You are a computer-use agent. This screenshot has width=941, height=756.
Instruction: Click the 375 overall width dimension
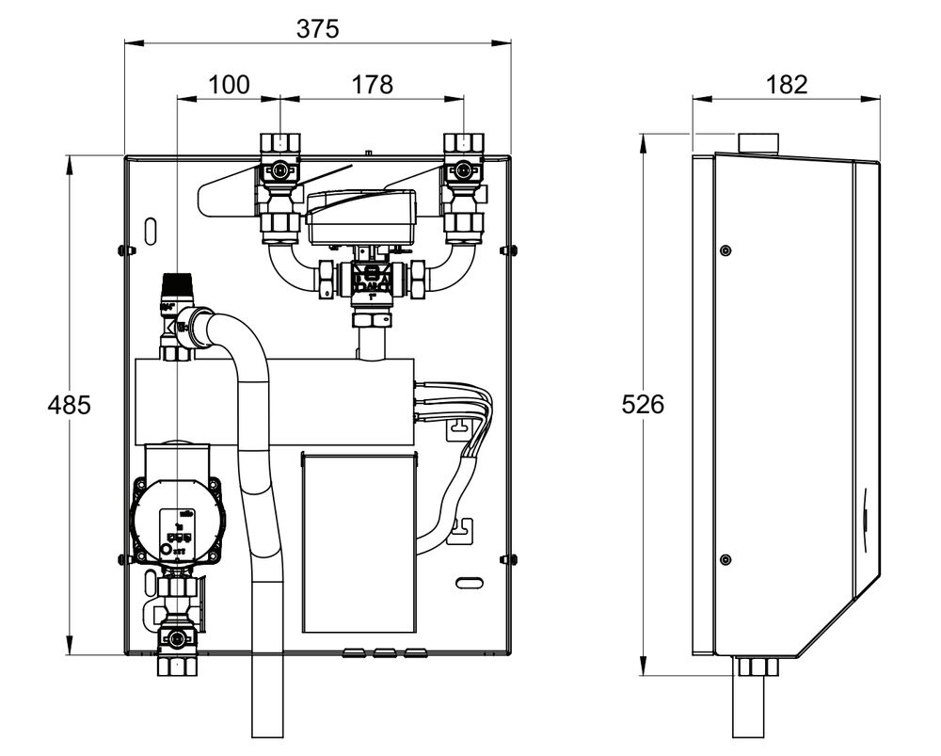(x=317, y=29)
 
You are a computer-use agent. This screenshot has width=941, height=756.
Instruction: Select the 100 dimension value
(x=229, y=85)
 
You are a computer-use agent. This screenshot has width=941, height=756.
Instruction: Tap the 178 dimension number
(x=373, y=85)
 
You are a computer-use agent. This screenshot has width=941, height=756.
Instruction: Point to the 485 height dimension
(x=70, y=405)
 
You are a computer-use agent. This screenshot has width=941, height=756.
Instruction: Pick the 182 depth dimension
(x=787, y=85)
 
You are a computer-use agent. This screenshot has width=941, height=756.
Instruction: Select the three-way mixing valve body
(x=368, y=278)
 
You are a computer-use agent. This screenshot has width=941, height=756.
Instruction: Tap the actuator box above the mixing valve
(x=361, y=216)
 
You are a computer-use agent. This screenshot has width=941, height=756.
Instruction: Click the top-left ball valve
(x=279, y=171)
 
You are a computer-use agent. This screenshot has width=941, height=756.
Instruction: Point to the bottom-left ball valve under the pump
(x=177, y=637)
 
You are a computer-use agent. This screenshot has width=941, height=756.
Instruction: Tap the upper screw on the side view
(x=725, y=250)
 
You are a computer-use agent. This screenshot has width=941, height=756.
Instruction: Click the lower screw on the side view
(x=725, y=559)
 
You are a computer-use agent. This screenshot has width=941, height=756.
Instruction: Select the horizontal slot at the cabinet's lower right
(x=468, y=584)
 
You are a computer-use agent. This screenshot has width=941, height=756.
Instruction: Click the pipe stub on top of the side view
(x=759, y=143)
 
